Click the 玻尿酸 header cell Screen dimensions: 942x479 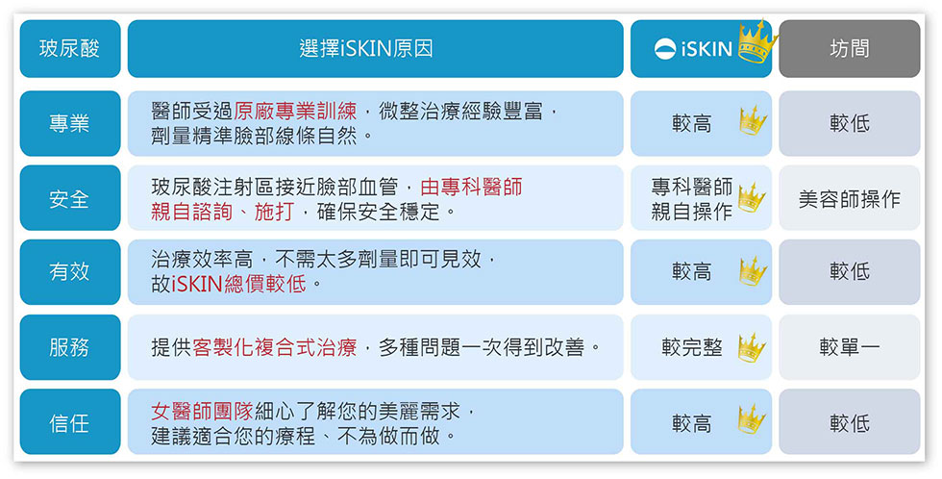[x=70, y=49]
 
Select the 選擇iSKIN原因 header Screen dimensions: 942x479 [x=376, y=49]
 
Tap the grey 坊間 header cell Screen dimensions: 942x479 [x=850, y=49]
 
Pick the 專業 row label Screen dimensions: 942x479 [x=70, y=123]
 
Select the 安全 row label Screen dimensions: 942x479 [x=70, y=198]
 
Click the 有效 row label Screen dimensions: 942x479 [x=70, y=271]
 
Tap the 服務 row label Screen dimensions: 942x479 [x=70, y=347]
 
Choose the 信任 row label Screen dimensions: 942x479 [x=70, y=422]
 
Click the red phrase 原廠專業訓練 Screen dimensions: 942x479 [x=295, y=111]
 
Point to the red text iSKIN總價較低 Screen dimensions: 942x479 [x=238, y=284]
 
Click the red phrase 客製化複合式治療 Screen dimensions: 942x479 [x=275, y=347]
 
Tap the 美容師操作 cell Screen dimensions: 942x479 [x=850, y=198]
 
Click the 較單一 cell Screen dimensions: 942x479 [x=850, y=347]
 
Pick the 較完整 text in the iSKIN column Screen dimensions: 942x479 [x=691, y=347]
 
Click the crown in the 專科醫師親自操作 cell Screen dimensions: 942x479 [x=752, y=198]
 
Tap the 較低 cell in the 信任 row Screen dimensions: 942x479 [x=850, y=422]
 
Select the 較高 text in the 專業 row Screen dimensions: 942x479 [x=691, y=123]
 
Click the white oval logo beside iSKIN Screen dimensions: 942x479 [x=665, y=49]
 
